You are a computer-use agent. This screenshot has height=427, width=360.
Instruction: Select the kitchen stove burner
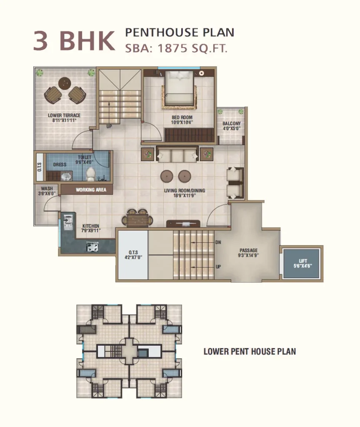point(92,246)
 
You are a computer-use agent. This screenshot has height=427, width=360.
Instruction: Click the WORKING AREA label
point(91,190)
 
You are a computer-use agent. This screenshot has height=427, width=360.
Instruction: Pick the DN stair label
point(218,242)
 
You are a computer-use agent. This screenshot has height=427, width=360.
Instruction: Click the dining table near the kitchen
point(137,219)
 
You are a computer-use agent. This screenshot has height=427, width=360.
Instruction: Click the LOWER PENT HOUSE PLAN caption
point(250,351)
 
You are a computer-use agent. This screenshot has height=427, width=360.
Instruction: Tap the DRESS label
point(60,164)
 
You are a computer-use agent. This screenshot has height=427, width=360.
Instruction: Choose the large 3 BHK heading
point(74,40)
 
